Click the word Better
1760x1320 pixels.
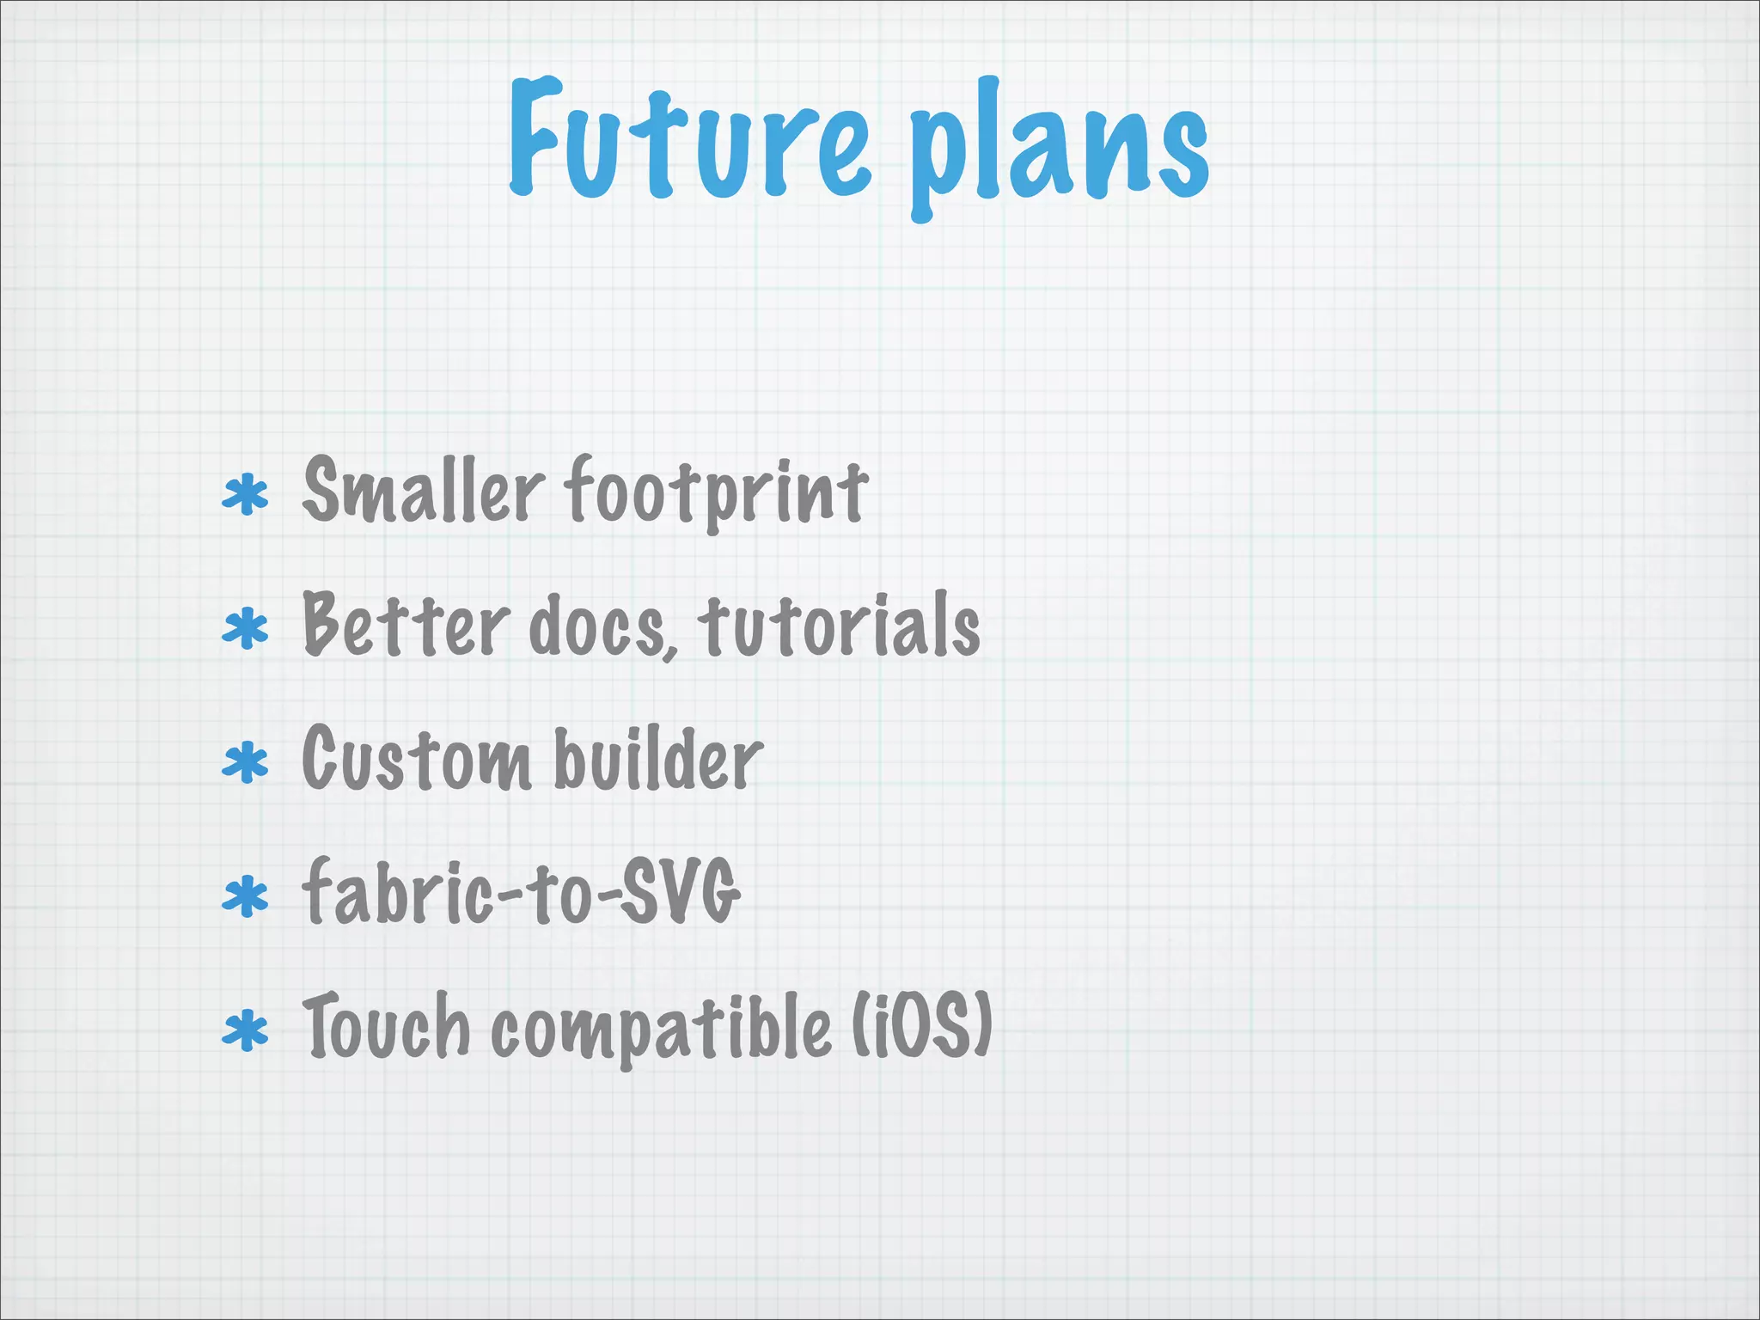point(406,626)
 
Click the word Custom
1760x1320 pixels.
point(416,759)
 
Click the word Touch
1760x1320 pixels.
point(386,1024)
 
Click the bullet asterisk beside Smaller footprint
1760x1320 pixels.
point(246,495)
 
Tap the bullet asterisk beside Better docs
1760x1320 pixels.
point(246,629)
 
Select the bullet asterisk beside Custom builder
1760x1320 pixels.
point(246,763)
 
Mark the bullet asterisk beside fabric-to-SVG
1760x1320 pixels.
point(246,897)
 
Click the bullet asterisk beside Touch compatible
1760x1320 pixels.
point(246,1031)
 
